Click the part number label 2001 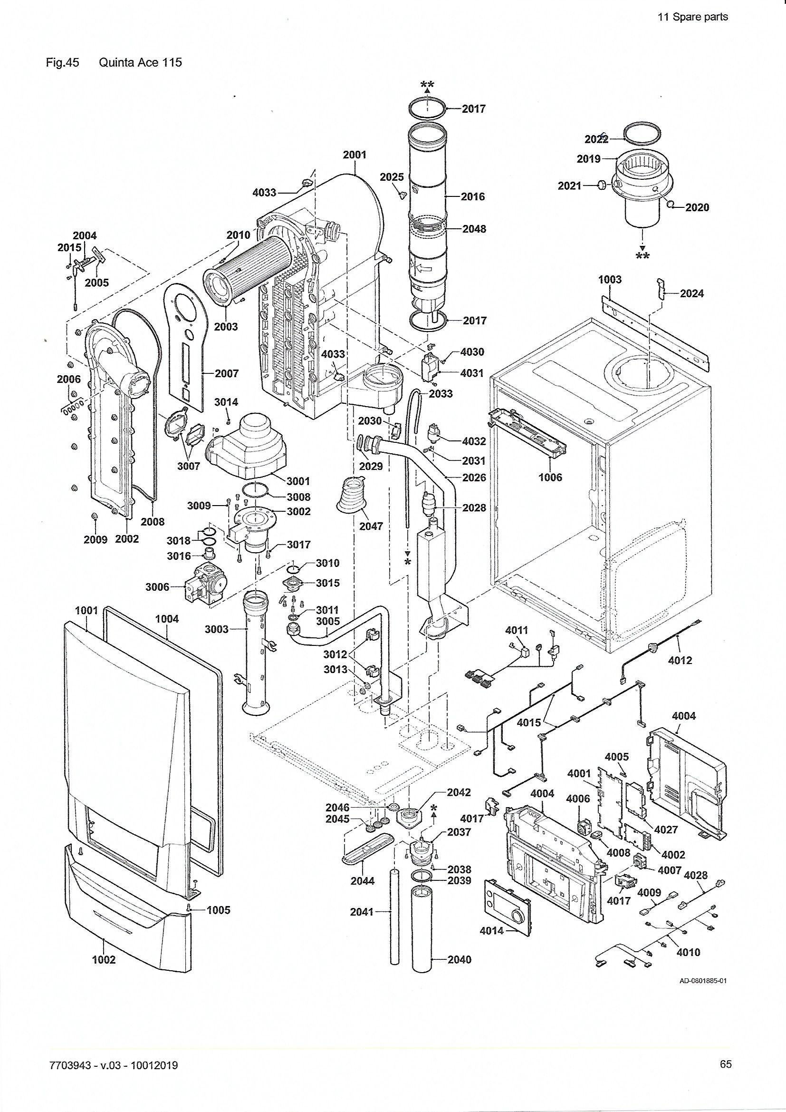[355, 155]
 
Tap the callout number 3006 [158, 587]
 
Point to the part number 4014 [492, 931]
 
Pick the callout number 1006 [551, 478]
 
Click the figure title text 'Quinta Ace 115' [140, 62]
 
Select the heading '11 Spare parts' [693, 17]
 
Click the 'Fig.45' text [62, 62]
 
